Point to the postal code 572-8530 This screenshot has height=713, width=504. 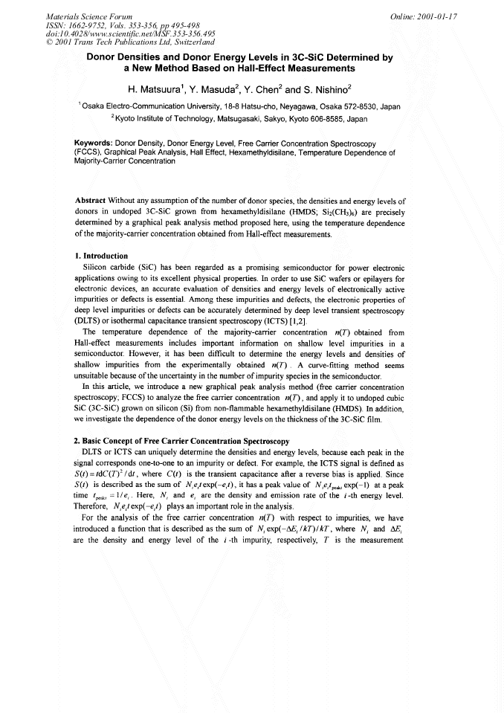pyautogui.click(x=361, y=107)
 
